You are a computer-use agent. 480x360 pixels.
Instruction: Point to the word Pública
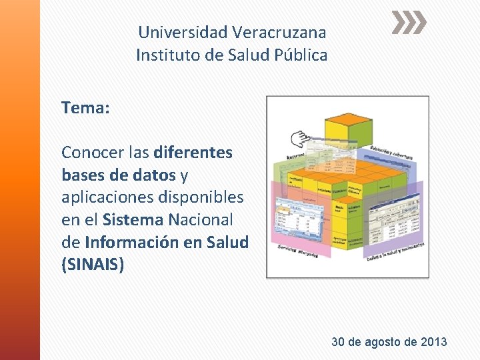point(301,55)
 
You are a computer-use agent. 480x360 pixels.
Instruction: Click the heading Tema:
point(85,107)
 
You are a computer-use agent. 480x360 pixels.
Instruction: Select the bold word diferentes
point(193,153)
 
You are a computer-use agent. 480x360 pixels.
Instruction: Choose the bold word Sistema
point(133,219)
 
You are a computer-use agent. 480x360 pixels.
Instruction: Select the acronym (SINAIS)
point(93,265)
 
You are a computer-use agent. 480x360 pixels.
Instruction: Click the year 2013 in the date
point(434,342)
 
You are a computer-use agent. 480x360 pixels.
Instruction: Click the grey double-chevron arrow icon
point(408,24)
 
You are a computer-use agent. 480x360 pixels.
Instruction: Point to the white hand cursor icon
point(297,139)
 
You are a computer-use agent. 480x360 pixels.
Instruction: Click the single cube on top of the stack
point(348,127)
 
